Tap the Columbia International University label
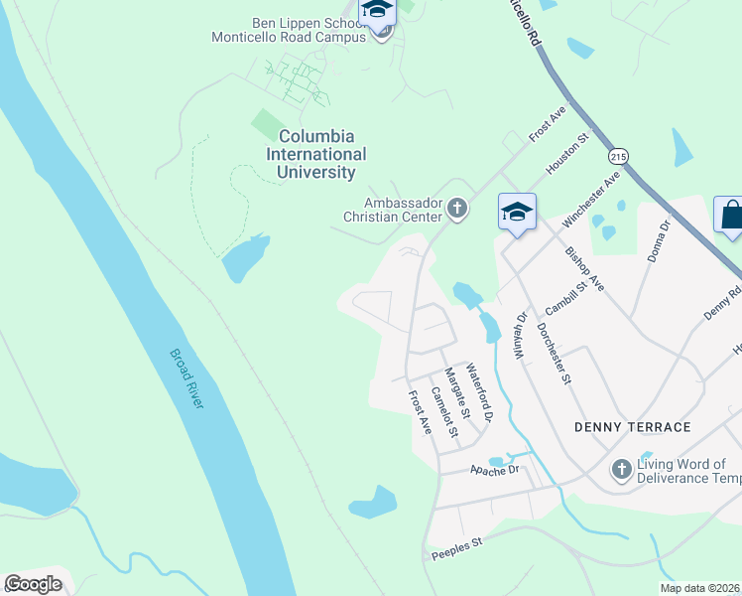pos(316,154)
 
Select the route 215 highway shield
pos(620,156)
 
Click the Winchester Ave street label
pos(590,198)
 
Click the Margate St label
pos(454,391)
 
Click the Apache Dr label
pos(495,469)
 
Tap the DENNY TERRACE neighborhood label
pos(632,427)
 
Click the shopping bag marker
pos(732,215)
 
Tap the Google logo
pos(33,584)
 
